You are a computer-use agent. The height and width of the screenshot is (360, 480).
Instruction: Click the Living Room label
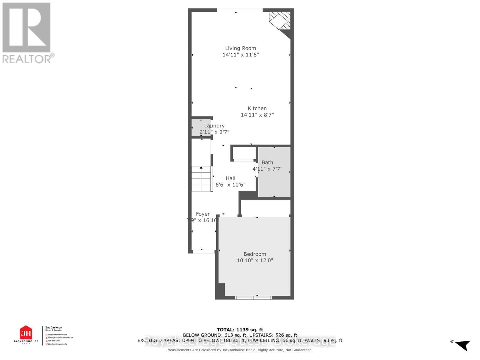241,48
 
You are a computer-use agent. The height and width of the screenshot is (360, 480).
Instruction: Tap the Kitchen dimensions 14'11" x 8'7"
257,115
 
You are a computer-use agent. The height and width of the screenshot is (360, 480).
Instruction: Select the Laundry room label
214,126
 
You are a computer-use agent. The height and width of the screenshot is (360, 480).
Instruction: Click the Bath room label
267,163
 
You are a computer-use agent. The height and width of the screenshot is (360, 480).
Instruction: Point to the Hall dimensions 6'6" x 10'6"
230,185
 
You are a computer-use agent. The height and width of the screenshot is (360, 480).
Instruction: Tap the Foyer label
203,214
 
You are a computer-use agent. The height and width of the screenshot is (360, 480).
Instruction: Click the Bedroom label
255,254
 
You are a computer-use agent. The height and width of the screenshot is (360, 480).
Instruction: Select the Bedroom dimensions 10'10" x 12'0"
255,260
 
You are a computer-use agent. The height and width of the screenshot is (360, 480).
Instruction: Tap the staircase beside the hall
202,179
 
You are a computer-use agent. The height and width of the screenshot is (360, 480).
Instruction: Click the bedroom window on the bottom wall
253,298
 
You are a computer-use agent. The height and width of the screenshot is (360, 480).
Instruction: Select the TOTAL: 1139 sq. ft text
240,330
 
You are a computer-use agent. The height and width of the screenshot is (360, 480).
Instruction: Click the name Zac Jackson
54,328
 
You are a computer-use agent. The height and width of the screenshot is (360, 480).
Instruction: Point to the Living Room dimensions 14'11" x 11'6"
241,55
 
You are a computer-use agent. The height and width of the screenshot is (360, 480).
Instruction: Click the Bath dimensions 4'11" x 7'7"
267,169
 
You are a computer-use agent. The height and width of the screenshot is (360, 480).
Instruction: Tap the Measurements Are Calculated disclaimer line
240,350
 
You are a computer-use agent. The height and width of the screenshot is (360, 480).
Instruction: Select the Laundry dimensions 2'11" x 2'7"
214,132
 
